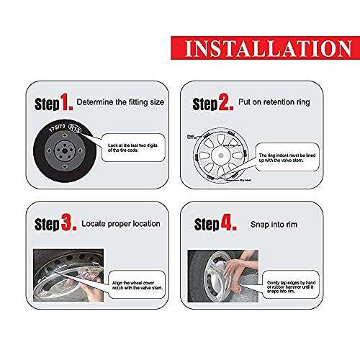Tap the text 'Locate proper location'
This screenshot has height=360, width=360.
pyautogui.click(x=120, y=225)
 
